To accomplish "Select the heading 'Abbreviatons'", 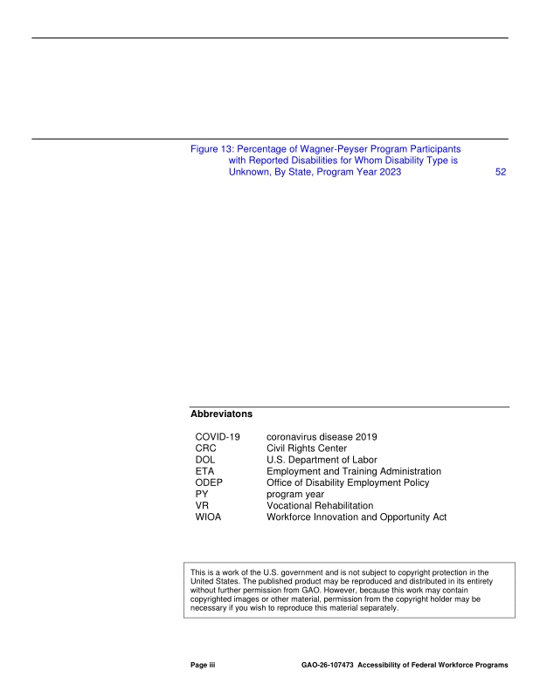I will tap(221, 415).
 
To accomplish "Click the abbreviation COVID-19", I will tap(219, 436).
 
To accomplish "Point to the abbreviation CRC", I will tap(209, 448).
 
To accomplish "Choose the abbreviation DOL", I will tap(208, 460).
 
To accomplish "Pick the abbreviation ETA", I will tap(207, 471).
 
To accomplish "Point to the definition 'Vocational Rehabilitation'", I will tap(327, 505).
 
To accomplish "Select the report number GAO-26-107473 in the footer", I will tap(328, 666).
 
